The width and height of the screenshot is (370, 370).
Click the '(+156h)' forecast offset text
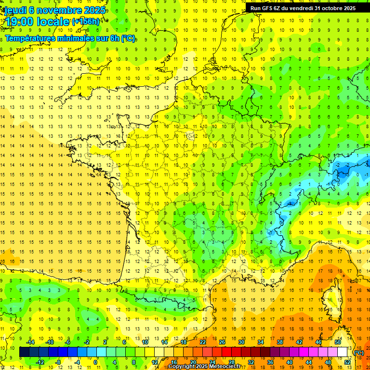coord(85,21)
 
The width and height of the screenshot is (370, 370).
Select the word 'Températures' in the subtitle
coord(31,38)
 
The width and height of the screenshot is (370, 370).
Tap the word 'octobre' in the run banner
coord(328,8)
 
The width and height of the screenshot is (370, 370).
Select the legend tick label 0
coord(95,362)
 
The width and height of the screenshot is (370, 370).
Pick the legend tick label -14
coord(30,342)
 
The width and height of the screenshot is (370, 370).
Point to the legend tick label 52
coord(347,362)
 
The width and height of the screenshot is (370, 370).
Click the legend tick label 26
coord(222,342)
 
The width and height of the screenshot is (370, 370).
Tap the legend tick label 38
coord(279,342)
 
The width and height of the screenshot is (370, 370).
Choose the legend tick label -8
coord(58,362)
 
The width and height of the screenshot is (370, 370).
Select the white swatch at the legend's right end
coord(342,352)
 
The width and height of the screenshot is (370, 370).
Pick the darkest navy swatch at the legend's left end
coord(24,352)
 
